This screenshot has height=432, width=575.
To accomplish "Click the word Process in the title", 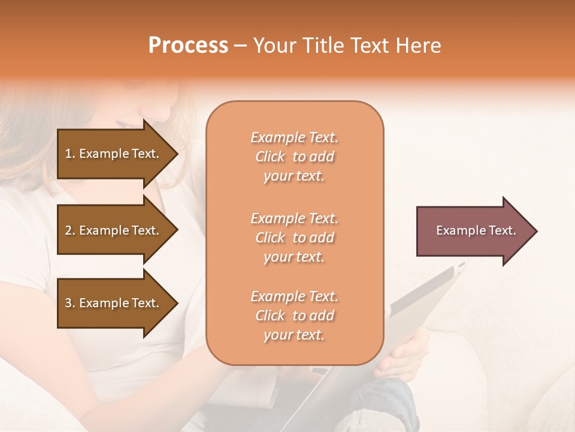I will tap(188, 46).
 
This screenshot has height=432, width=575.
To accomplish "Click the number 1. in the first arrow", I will tap(70, 154).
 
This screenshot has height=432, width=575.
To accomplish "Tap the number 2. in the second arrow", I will tap(70, 230).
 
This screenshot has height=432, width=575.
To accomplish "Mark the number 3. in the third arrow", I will tap(70, 303).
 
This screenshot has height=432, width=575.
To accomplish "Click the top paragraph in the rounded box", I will tap(294, 157).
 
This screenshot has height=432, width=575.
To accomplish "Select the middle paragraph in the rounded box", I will tap(294, 238).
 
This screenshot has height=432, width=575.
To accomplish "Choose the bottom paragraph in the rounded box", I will tap(294, 316).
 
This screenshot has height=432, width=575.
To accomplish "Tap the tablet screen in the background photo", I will tap(419, 294).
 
